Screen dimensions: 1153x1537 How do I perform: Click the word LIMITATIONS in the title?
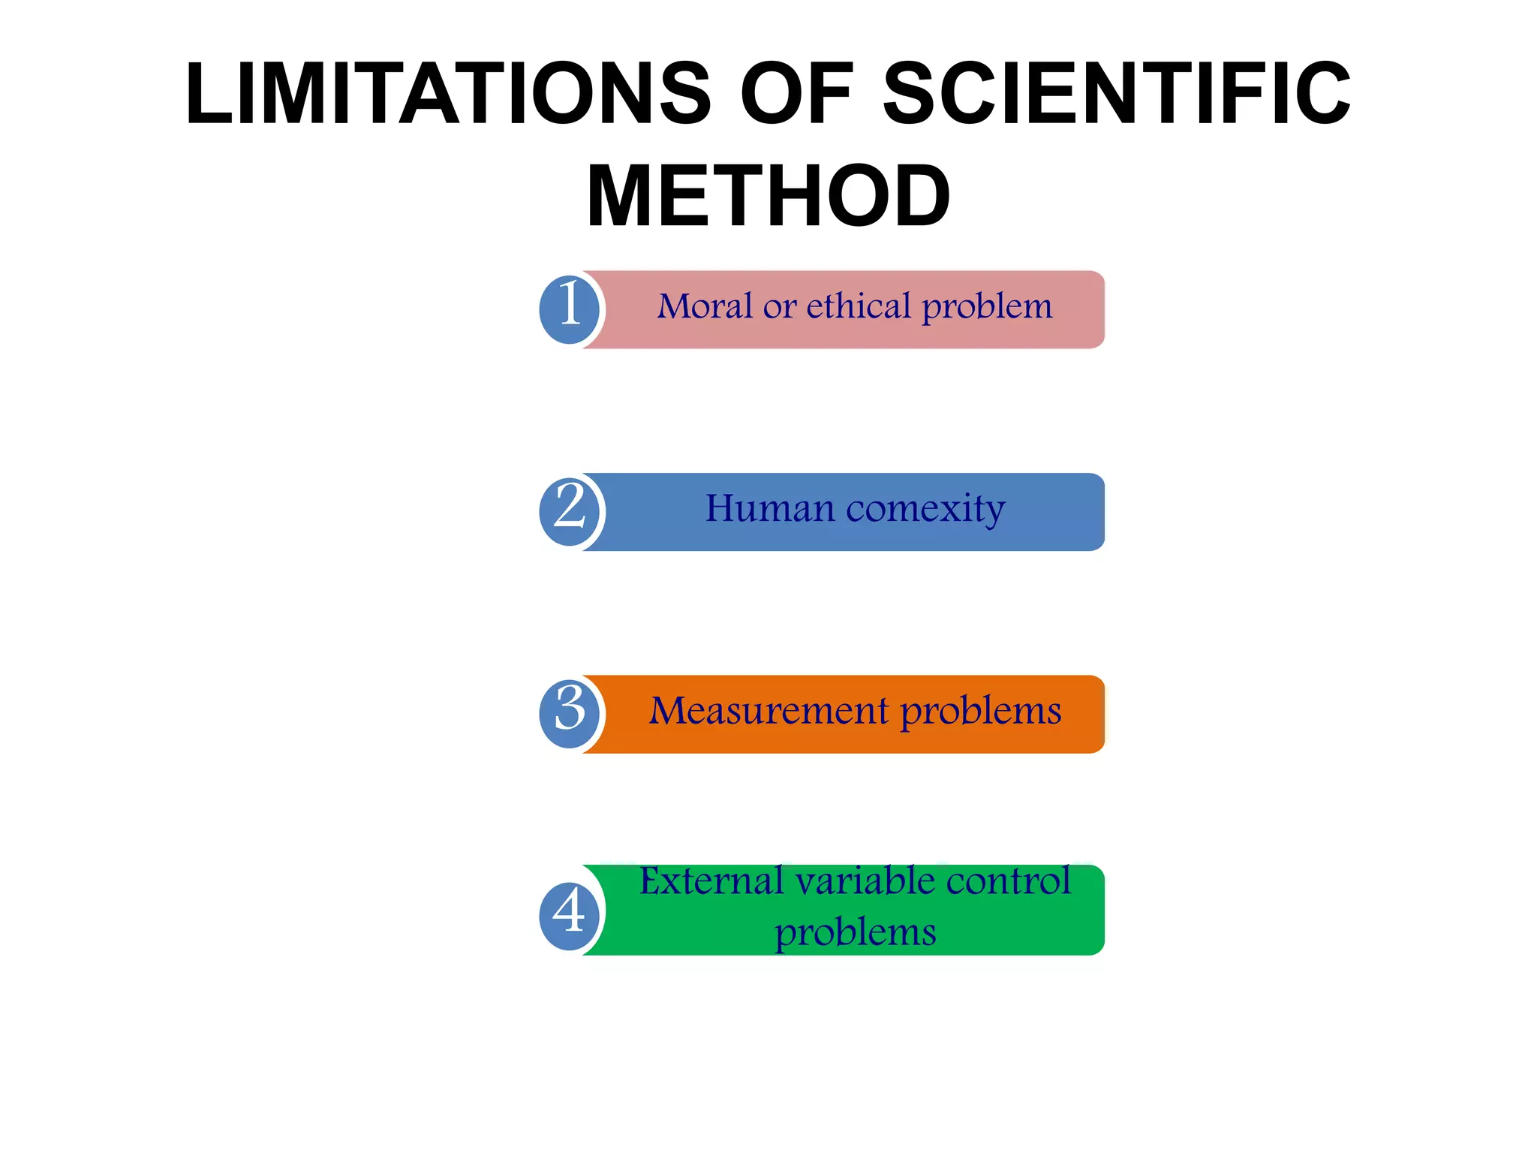click(448, 94)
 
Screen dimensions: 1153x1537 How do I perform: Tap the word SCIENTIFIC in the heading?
click(1116, 94)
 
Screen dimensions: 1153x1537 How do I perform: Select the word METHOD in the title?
click(768, 197)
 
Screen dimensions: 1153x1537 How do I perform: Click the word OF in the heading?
click(796, 94)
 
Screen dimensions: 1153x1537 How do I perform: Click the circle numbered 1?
click(570, 309)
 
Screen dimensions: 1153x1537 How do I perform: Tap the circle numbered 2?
click(570, 511)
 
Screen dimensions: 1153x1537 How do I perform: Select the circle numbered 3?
click(570, 713)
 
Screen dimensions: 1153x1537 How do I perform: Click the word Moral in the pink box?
click(705, 306)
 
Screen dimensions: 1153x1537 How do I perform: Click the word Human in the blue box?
click(770, 509)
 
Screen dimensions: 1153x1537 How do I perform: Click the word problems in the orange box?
click(981, 712)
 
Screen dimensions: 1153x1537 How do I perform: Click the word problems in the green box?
click(855, 933)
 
